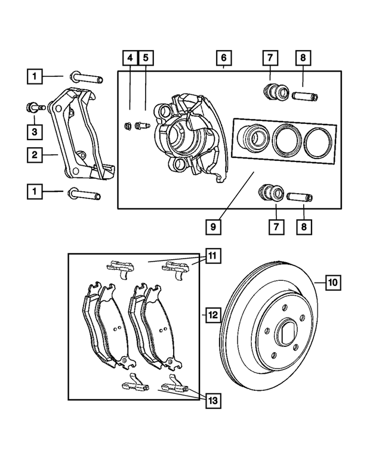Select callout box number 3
click(x=35, y=130)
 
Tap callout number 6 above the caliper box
click(x=223, y=58)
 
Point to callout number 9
click(x=212, y=227)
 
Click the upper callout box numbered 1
click(x=35, y=76)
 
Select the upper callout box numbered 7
click(x=269, y=58)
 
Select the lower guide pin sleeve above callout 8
click(x=301, y=197)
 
